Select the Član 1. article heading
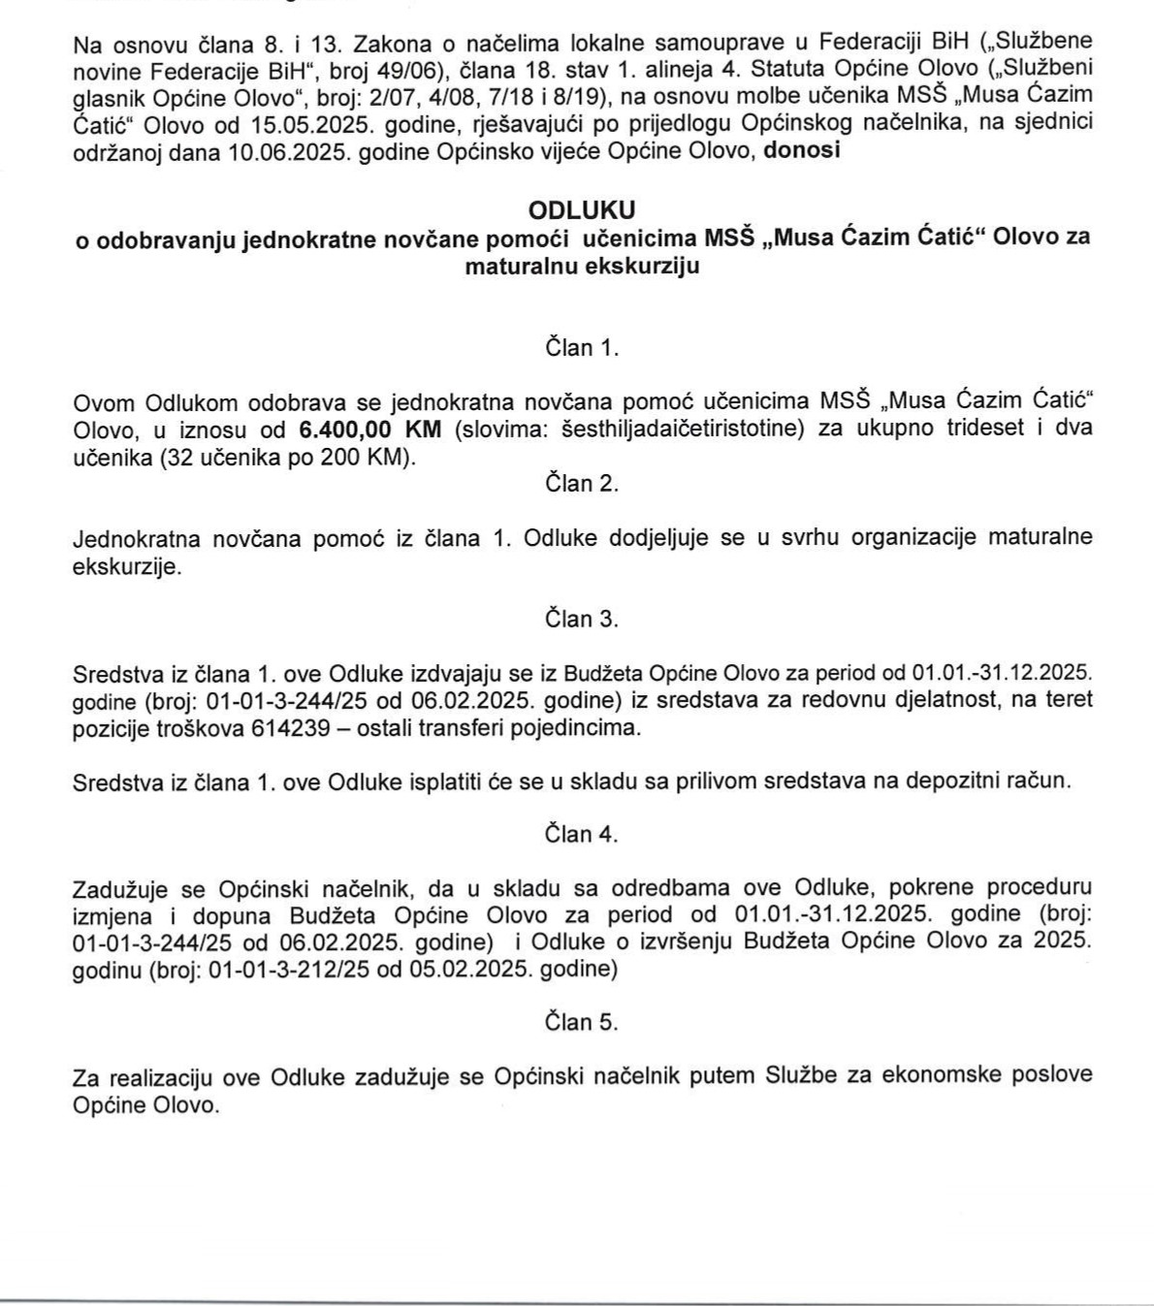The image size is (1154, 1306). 582,348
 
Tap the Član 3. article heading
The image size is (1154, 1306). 582,619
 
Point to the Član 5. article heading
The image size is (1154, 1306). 582,1021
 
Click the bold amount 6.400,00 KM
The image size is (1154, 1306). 369,429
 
